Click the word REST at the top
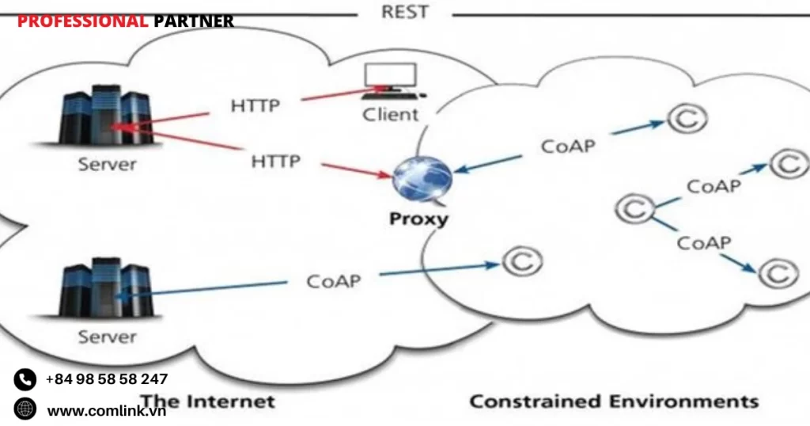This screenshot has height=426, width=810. point(404,12)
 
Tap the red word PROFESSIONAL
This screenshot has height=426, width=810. point(83,21)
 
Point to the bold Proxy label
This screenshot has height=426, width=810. point(418,218)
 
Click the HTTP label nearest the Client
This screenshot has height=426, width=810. point(255,105)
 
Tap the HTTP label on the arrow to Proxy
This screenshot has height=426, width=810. point(276,162)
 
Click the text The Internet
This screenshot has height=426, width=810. point(207,401)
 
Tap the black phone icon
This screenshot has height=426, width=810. point(25,379)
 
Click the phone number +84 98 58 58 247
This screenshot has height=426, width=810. point(107,379)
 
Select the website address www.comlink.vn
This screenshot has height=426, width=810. point(107,410)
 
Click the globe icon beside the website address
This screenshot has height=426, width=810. point(25,409)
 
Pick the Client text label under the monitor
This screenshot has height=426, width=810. point(390,114)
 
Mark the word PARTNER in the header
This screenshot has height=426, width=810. point(194,21)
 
